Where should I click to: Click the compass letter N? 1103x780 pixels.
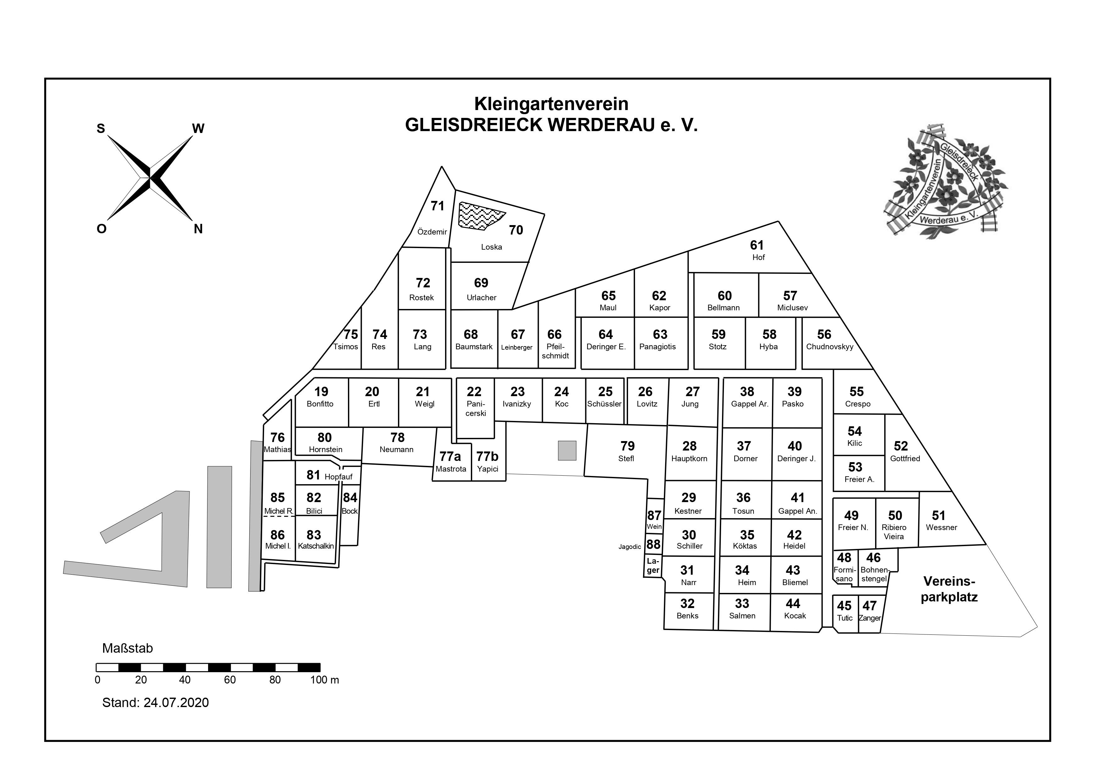(198, 229)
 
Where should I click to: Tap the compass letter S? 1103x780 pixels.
(101, 128)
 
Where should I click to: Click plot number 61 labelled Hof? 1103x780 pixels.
(757, 245)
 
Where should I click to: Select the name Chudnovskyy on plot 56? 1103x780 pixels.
(830, 346)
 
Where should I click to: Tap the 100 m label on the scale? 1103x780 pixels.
(325, 680)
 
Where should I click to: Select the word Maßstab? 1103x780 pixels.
(127, 648)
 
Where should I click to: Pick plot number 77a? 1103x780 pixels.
(450, 456)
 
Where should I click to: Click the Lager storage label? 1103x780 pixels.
(653, 566)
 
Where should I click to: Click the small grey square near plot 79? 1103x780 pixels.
(567, 450)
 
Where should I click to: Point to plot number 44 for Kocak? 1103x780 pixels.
(793, 604)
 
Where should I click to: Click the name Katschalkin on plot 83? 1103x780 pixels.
(316, 546)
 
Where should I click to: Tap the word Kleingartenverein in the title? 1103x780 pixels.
(551, 104)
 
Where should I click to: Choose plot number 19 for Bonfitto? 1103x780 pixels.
(321, 392)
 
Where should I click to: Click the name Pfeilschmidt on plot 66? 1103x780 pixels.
(555, 351)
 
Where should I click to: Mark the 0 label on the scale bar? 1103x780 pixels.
(97, 680)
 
